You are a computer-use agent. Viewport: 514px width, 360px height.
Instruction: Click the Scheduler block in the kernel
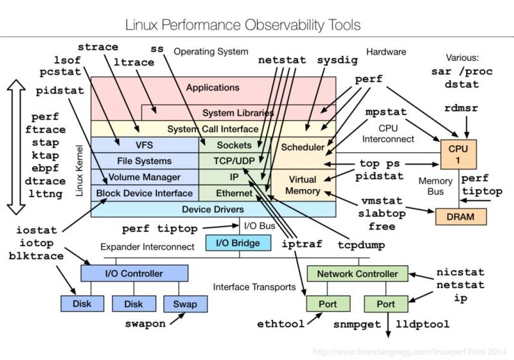click(303, 147)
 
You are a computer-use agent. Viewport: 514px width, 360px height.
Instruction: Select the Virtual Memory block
click(303, 185)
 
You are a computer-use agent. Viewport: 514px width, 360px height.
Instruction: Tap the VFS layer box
click(144, 145)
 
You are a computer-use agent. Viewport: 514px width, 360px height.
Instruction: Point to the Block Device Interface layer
click(144, 193)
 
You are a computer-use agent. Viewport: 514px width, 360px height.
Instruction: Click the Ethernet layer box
click(234, 193)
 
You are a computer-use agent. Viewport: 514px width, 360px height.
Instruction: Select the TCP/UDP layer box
click(234, 161)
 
